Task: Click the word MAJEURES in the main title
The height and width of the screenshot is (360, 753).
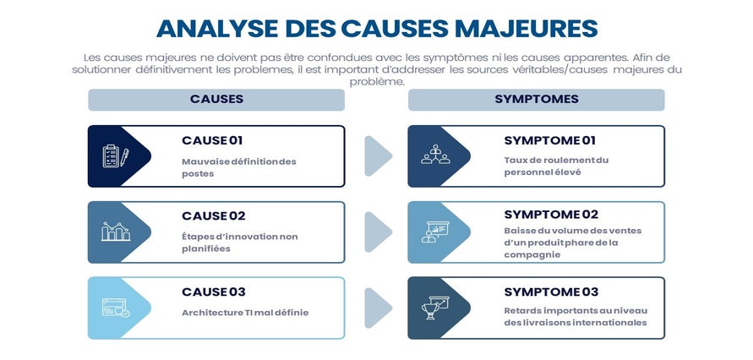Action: [x=526, y=29]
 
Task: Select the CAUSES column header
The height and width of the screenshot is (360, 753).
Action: [x=216, y=100]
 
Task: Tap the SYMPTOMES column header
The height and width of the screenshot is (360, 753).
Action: [x=537, y=100]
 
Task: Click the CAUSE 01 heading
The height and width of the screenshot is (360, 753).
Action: [x=212, y=140]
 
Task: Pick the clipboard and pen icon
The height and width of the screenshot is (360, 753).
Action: [x=115, y=156]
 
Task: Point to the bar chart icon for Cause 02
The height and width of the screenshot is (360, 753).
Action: [x=116, y=232]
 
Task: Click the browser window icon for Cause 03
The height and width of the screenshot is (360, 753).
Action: [x=116, y=308]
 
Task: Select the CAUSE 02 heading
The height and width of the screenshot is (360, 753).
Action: [x=214, y=216]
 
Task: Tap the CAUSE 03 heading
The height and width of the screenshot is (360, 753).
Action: [x=214, y=292]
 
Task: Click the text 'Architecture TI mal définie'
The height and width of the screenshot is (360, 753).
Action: [x=245, y=313]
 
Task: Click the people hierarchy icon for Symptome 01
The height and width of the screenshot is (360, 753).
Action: [x=435, y=155]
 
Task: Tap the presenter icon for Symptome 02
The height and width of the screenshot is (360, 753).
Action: [x=435, y=232]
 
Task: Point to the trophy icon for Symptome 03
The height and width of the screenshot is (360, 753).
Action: [x=435, y=308]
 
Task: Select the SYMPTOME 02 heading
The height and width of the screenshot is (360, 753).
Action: [x=551, y=215]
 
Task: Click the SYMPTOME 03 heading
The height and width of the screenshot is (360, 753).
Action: [x=551, y=292]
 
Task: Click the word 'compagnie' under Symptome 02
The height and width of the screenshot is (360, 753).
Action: [x=526, y=255]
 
